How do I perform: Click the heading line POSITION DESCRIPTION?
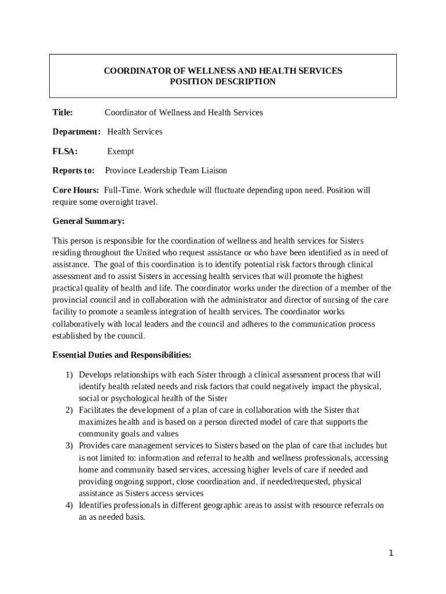point(222,82)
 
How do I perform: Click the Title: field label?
point(63,113)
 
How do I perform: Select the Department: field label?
point(76,132)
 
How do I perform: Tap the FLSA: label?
point(65,151)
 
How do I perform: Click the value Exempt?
point(120,151)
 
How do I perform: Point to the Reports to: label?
point(74,171)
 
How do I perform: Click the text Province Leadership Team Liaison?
point(166,171)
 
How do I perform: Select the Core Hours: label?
point(76,190)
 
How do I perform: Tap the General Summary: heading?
point(89,221)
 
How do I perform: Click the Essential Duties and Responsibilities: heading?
point(122,354)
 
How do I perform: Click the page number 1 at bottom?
point(391,553)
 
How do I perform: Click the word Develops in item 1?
point(96,375)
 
